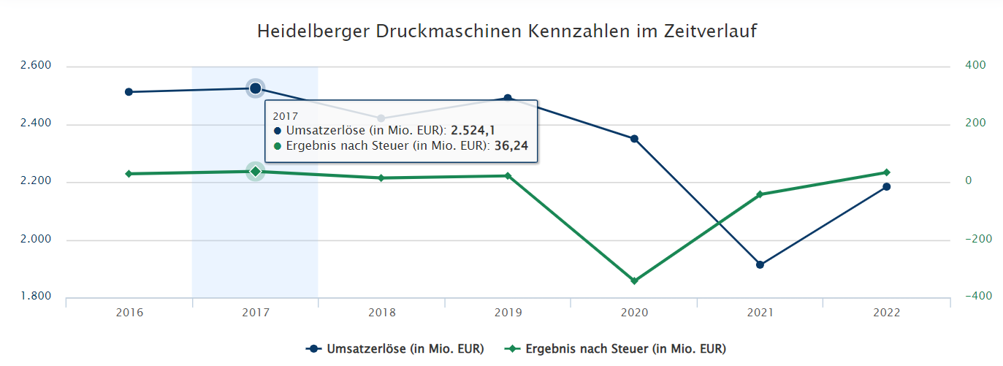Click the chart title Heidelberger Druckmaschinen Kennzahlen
tap(506, 32)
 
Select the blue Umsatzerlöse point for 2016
tap(129, 92)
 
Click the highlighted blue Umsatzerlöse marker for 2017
tap(255, 88)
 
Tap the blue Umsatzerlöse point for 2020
tap(634, 139)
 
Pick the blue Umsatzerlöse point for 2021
tap(760, 264)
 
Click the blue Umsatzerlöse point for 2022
tap(886, 187)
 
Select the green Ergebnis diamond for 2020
tap(634, 281)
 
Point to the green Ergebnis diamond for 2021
tap(760, 194)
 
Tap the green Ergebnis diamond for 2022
tap(886, 172)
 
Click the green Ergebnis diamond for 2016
tap(129, 174)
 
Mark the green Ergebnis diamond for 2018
tap(381, 178)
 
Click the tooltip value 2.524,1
tap(473, 131)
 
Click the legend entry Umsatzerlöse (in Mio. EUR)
tap(395, 349)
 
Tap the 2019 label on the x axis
tap(508, 313)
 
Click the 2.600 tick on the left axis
tap(36, 66)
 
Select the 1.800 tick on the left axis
tap(36, 297)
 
